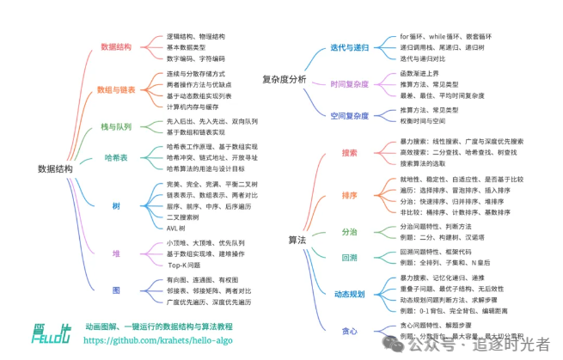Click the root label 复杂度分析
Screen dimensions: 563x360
tap(285, 79)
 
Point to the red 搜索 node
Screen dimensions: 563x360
tap(349, 152)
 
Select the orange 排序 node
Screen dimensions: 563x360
tap(349, 195)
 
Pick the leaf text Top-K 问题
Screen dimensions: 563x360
tap(183, 265)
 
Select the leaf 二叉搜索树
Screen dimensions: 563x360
tap(185, 217)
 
